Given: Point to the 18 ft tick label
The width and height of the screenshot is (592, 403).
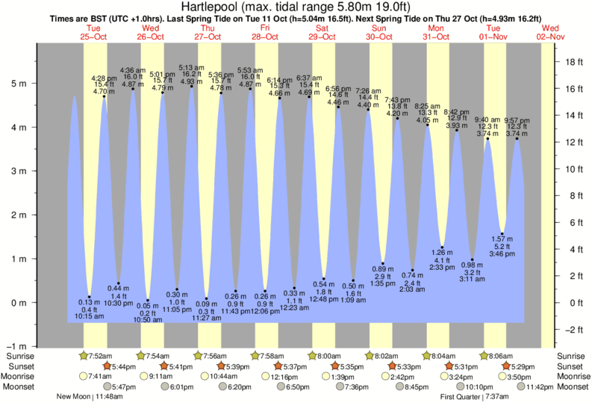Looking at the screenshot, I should click(x=573, y=62).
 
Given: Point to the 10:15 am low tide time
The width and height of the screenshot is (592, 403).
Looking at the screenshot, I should click(x=90, y=316).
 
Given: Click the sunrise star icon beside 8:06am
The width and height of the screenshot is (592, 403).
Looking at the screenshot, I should click(x=484, y=356).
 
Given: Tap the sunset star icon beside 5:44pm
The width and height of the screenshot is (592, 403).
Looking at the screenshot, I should click(x=106, y=366).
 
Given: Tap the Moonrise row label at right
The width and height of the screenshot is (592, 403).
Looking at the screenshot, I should click(x=571, y=376).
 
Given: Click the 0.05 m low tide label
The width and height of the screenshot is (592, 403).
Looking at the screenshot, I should click(x=148, y=306).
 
